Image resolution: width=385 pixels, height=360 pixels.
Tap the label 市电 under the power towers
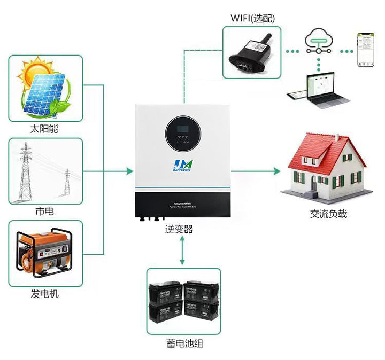pyautogui.click(x=44, y=211)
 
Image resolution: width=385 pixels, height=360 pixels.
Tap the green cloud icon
pyautogui.click(x=319, y=40)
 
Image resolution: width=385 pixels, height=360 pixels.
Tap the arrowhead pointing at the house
pyautogui.click(x=276, y=171)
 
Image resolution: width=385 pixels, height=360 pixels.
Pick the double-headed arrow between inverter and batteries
pyautogui.click(x=183, y=251)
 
